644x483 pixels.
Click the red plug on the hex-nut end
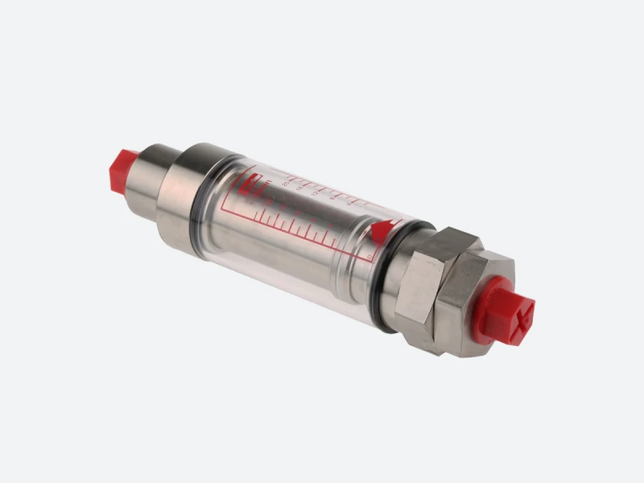pyautogui.click(x=509, y=311)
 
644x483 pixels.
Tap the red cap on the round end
pyautogui.click(x=121, y=169)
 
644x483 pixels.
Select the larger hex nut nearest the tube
pyautogui.click(x=419, y=282)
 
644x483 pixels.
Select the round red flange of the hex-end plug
pyautogui.click(x=491, y=302)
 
